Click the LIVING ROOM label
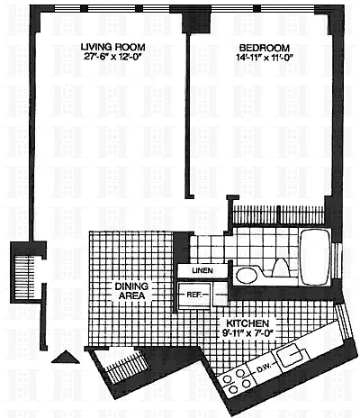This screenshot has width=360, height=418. pos(113,47)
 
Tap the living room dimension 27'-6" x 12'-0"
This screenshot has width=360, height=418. pos(112,57)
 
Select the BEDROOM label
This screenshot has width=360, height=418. pos(265,48)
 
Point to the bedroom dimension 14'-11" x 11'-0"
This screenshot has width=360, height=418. pos(264,58)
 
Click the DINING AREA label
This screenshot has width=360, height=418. pos(131,291)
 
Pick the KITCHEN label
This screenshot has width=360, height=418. pos(247,323)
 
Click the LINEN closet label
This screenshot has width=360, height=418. pos(202,270)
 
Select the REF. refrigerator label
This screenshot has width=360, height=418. pos(193,295)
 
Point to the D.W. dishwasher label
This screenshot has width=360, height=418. pos(264,367)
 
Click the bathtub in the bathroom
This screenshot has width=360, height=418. pos(315,258)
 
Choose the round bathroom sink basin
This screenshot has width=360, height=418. pos(246,275)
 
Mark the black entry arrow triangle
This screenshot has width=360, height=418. pos(66,357)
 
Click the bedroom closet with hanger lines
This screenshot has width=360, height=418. pos(279,214)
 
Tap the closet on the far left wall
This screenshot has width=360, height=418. pos(24,277)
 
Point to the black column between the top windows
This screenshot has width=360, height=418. pos(196,19)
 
